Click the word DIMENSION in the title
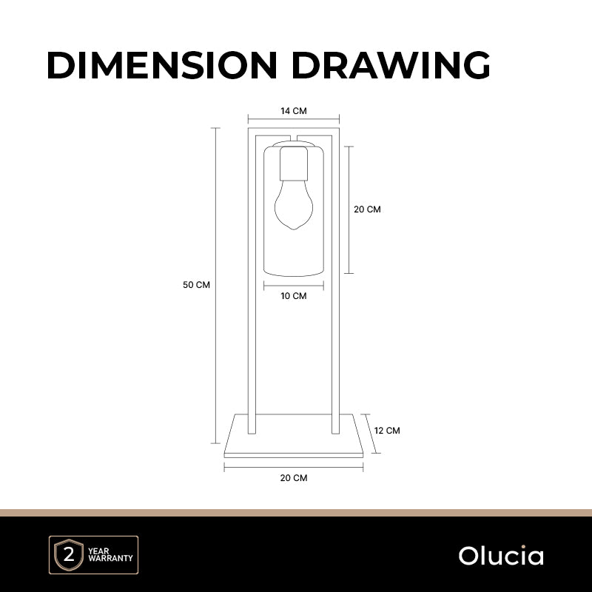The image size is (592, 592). click(x=162, y=65)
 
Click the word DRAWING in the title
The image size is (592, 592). click(x=391, y=65)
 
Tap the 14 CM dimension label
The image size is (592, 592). click(x=294, y=111)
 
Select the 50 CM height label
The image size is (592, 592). click(x=196, y=285)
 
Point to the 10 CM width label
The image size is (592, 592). click(x=294, y=296)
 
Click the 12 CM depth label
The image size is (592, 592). click(x=387, y=431)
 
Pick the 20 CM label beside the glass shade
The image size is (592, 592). click(x=367, y=209)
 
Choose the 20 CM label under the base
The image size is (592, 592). click(x=294, y=478)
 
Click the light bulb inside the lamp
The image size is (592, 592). click(x=294, y=205)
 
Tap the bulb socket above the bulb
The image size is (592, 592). click(x=294, y=164)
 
